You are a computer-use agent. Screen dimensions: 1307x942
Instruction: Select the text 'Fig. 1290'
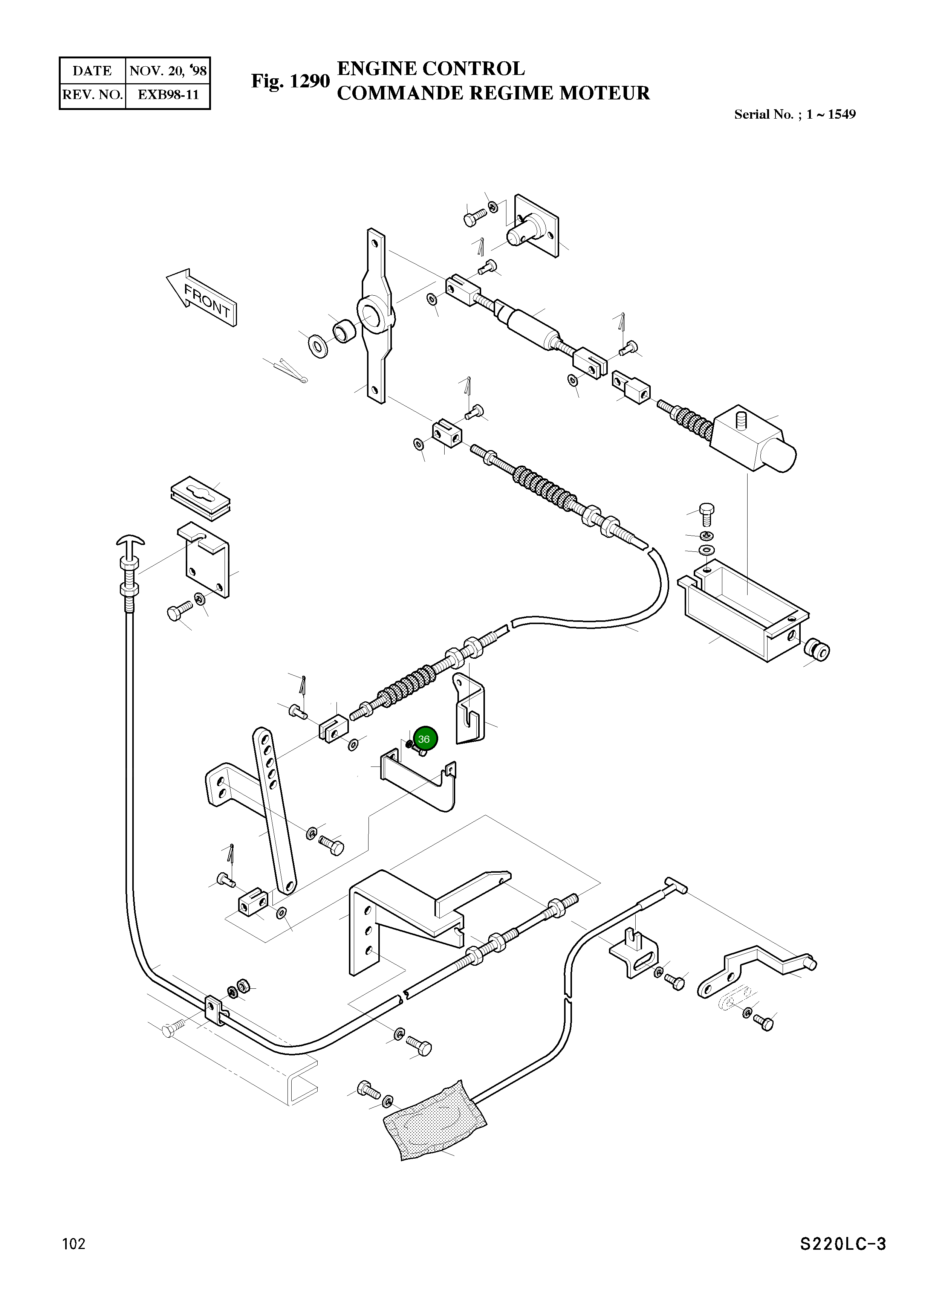pos(290,81)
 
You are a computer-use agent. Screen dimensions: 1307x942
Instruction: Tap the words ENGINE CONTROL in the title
pos(431,69)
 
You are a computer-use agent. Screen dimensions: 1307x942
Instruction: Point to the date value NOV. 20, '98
pos(168,71)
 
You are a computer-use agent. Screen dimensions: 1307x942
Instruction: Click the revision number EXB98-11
pos(168,95)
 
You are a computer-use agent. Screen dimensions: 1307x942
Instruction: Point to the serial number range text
pos(794,114)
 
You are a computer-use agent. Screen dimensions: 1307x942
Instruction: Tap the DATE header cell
pos(92,71)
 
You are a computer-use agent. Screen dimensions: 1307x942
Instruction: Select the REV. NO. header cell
pos(92,95)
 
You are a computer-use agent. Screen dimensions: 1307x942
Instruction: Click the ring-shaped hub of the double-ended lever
pos(375,314)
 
